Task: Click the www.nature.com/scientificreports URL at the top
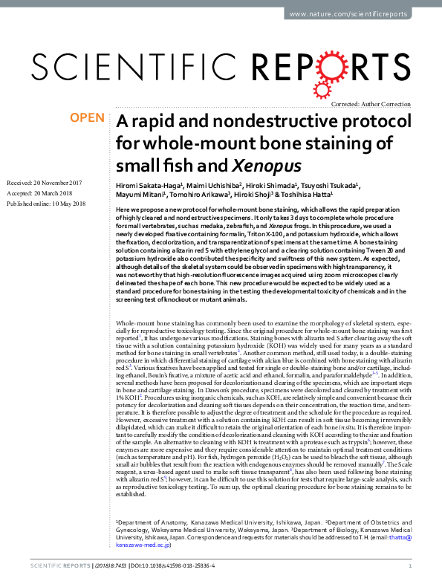tap(359, 14)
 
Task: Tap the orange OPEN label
tap(86, 118)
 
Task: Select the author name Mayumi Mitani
tap(141, 195)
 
